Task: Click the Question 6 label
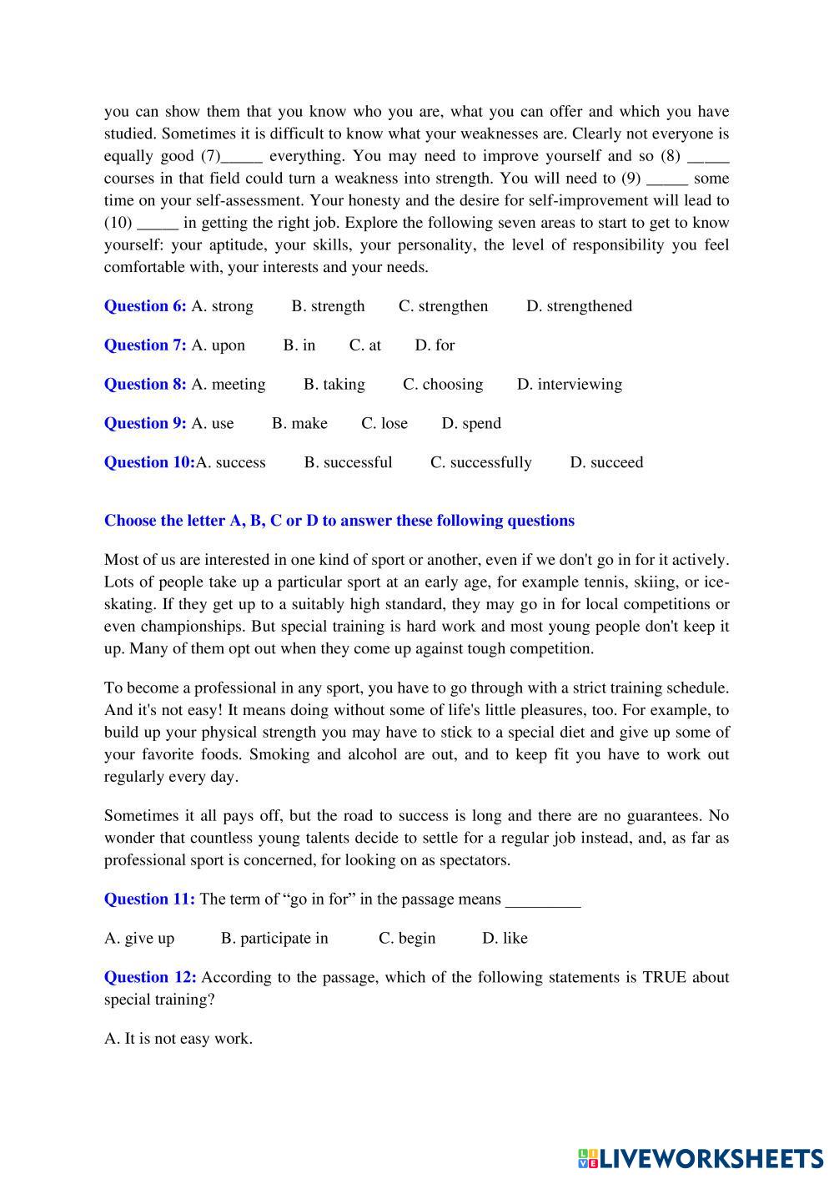pyautogui.click(x=145, y=306)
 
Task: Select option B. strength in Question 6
pyautogui.click(x=328, y=306)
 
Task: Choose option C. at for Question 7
pyautogui.click(x=365, y=345)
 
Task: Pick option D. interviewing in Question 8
pyautogui.click(x=570, y=385)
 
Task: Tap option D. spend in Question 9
pyautogui.click(x=471, y=424)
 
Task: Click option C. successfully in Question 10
pyautogui.click(x=480, y=463)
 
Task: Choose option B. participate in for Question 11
pyautogui.click(x=274, y=939)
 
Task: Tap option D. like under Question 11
pyautogui.click(x=505, y=939)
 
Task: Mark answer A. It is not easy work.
pyautogui.click(x=178, y=1039)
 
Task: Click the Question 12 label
pyautogui.click(x=150, y=978)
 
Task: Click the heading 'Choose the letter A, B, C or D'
pyautogui.click(x=339, y=521)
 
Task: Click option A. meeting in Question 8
pyautogui.click(x=229, y=385)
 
